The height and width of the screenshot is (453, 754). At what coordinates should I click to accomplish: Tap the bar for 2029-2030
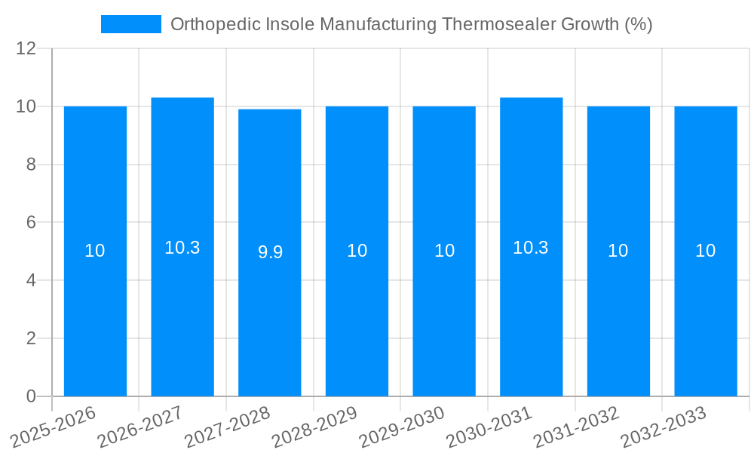coord(444,317)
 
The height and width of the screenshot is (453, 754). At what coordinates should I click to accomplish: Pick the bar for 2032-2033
coord(706,317)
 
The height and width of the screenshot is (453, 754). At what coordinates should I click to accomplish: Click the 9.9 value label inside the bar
coord(270,252)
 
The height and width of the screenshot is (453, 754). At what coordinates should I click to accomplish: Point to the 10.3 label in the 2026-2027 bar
coord(182,248)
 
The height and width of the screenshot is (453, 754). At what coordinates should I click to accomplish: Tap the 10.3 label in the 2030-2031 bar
coord(531,248)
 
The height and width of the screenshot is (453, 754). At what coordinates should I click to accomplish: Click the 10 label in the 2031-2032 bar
coord(618,251)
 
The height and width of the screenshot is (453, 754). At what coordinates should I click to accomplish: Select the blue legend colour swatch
coord(131,24)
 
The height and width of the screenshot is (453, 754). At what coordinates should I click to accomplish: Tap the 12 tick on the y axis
coord(26,49)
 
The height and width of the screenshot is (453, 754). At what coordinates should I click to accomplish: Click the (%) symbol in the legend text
coord(638,24)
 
